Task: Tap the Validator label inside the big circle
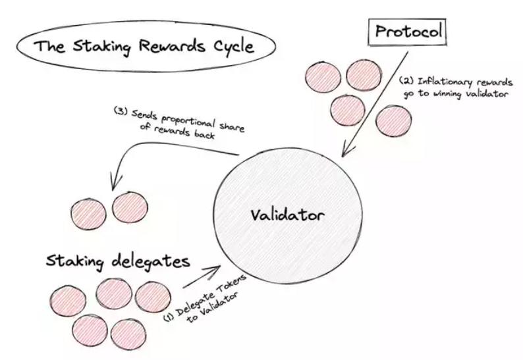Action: (x=287, y=215)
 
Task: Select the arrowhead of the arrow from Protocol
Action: (x=341, y=155)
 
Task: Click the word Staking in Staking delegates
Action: (x=72, y=261)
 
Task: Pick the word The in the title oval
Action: (x=49, y=47)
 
